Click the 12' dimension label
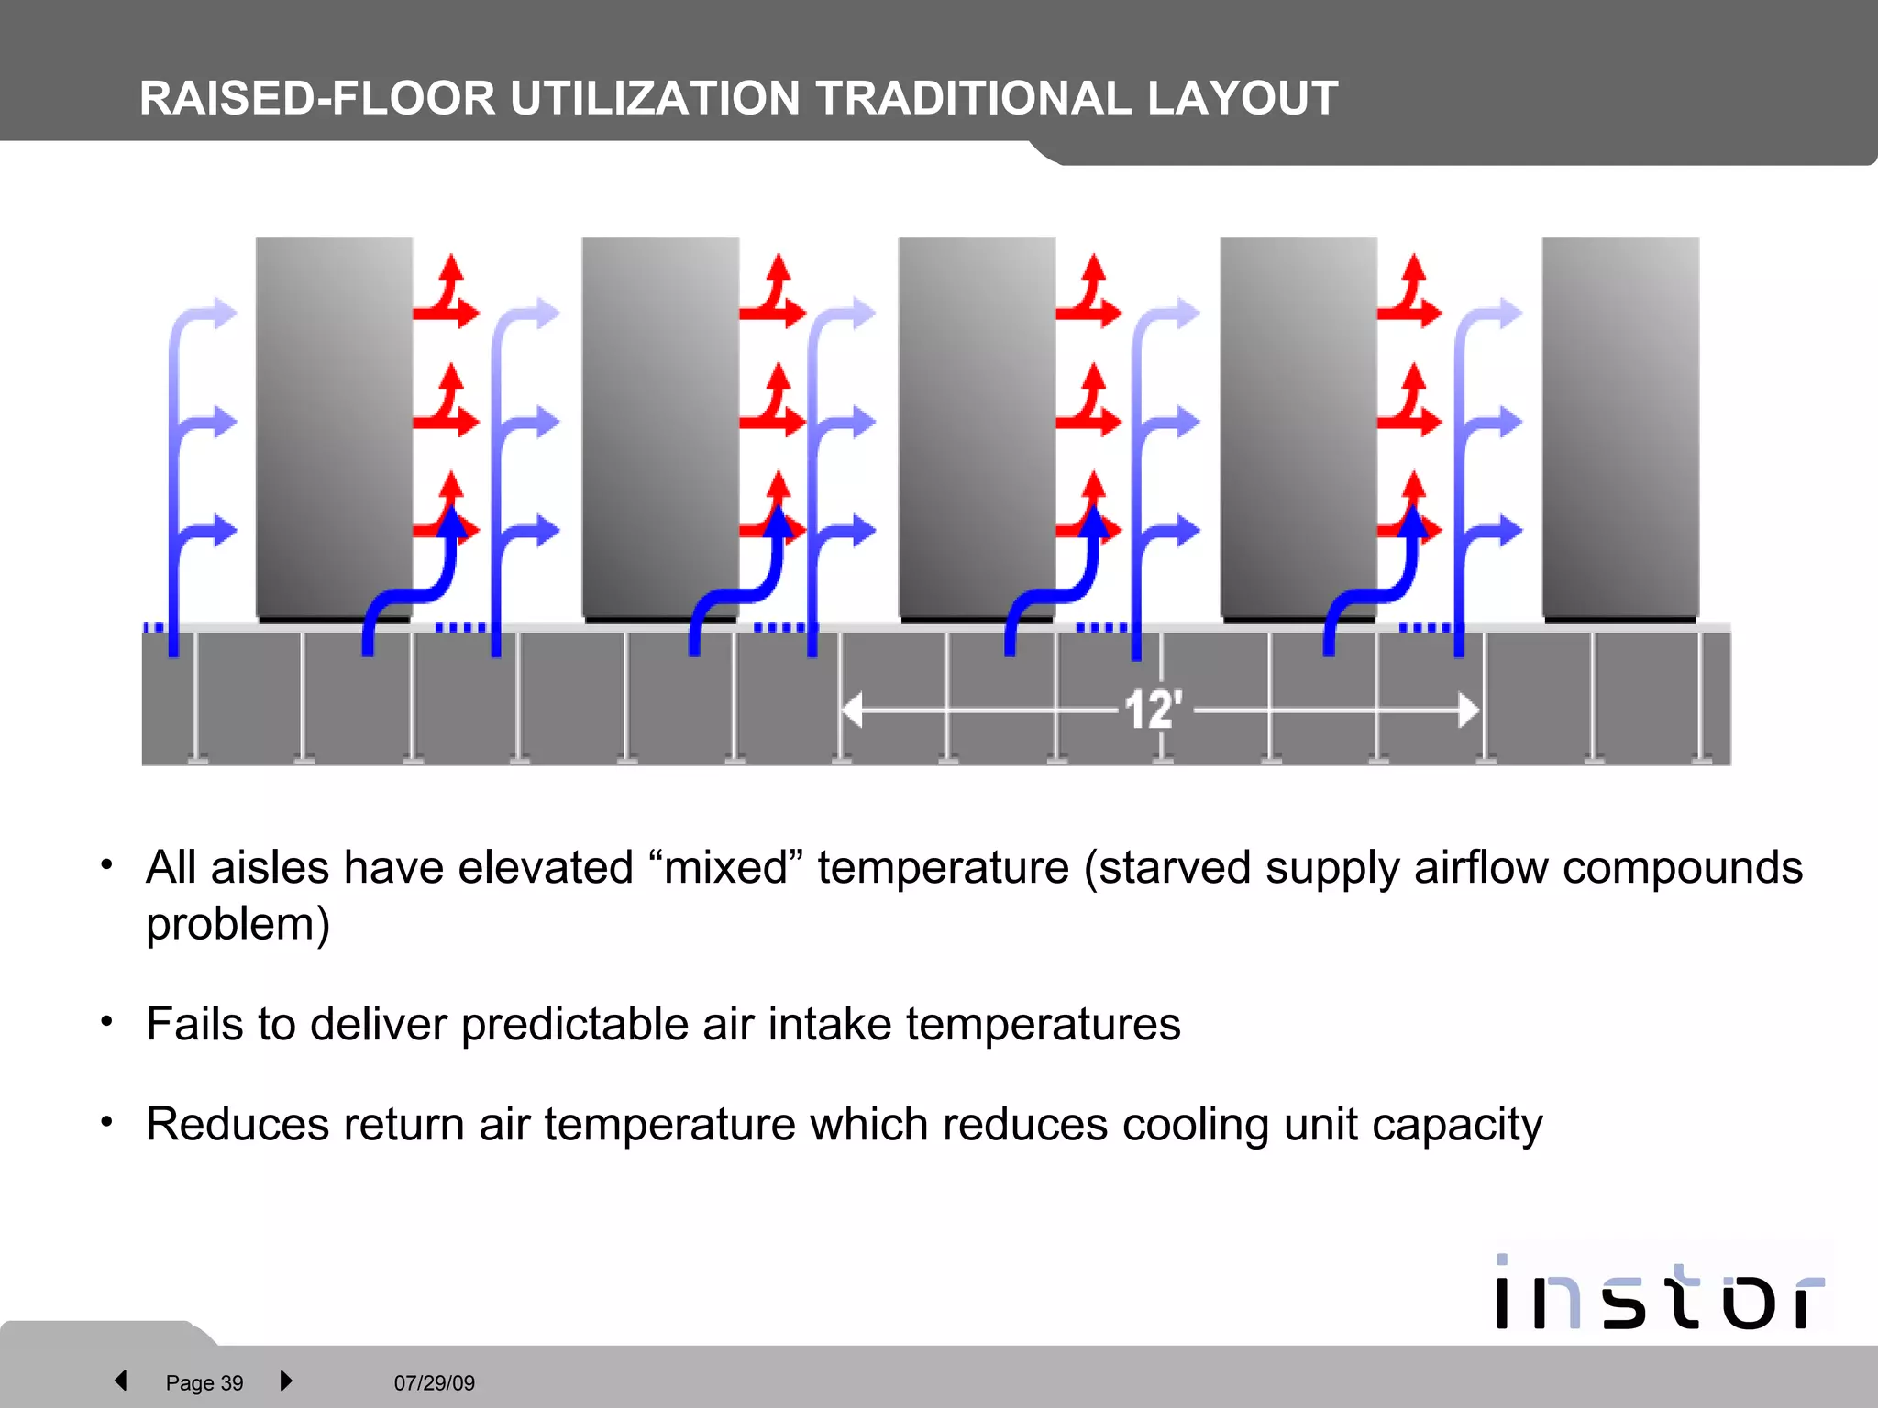tap(1153, 710)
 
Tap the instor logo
tap(1658, 1293)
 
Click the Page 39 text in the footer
tap(204, 1382)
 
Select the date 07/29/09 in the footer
tap(434, 1382)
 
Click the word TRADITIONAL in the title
tap(974, 99)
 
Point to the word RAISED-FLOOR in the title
tap(317, 99)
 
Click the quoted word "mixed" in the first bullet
tap(725, 867)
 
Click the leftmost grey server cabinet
tap(334, 426)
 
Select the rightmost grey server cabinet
tap(1620, 426)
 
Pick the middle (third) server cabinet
tap(977, 426)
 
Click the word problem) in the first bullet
tap(238, 924)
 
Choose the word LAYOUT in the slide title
tap(1243, 99)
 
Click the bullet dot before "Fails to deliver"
tap(107, 1021)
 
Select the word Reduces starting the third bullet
tap(237, 1125)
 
